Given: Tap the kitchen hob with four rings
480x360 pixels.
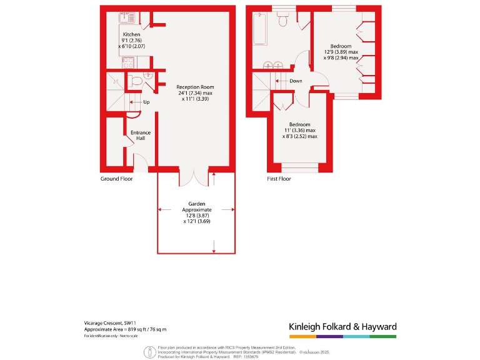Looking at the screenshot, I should click(127, 62).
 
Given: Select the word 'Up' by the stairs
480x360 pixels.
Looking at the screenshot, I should click(146, 102).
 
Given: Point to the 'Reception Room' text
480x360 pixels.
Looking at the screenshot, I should click(195, 87).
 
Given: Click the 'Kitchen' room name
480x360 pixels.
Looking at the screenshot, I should click(131, 34).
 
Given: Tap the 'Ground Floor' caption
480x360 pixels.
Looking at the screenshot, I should click(116, 179).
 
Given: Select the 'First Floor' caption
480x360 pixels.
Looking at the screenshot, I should click(279, 179).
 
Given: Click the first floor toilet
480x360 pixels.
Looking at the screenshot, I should click(282, 21).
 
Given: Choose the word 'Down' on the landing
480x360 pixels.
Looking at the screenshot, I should click(296, 81).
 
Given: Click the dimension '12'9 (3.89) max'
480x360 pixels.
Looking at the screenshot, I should click(341, 52).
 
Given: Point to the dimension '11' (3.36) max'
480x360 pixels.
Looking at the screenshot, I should click(299, 130).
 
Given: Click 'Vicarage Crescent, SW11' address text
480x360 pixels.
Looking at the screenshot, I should click(109, 323).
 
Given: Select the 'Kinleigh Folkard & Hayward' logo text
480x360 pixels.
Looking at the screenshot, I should click(342, 327).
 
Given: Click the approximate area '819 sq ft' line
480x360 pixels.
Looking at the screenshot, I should click(126, 329).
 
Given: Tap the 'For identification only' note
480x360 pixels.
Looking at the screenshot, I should click(107, 336).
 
